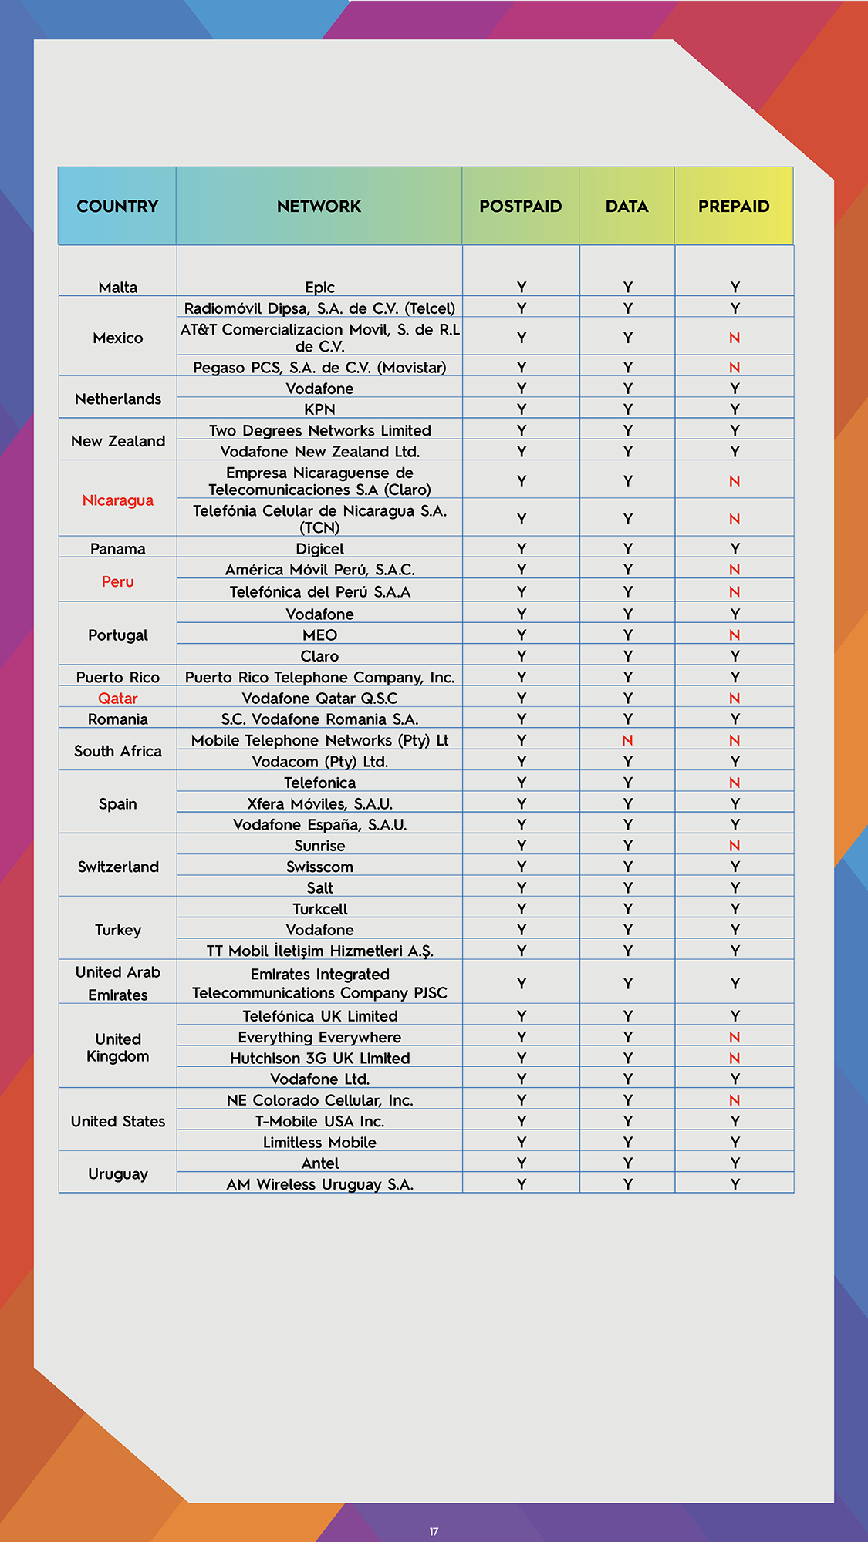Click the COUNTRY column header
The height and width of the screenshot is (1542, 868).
point(117,207)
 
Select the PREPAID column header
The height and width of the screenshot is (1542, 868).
point(734,207)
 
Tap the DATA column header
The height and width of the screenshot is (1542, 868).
point(627,207)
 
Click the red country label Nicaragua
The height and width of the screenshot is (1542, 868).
point(118,500)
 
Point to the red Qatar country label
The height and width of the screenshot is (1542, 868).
point(118,699)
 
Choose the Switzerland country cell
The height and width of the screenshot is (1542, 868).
point(118,867)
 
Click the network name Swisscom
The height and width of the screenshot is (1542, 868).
point(319,867)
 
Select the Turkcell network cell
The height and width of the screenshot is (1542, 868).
point(319,909)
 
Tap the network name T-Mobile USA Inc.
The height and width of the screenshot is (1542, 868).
point(319,1121)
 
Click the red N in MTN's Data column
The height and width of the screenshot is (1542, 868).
point(627,740)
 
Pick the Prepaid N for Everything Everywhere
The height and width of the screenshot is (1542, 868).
point(735,1037)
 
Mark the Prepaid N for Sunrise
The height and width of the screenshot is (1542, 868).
point(735,846)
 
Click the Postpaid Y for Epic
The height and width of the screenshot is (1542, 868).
point(522,288)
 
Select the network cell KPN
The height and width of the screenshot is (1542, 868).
point(319,409)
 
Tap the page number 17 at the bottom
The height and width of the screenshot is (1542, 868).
point(434,1532)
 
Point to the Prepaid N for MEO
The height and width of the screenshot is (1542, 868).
point(735,635)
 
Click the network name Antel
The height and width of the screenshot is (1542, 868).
point(319,1163)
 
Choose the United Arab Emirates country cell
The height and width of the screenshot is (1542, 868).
point(118,983)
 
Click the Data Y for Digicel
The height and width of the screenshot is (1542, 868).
point(628,549)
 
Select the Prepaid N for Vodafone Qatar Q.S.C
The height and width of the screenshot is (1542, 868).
point(735,699)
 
